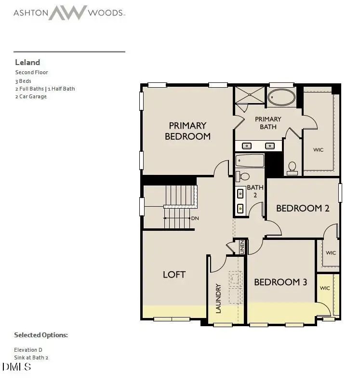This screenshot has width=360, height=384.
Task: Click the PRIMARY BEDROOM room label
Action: (x=187, y=131)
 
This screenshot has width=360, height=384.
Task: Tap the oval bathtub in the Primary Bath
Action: (x=282, y=97)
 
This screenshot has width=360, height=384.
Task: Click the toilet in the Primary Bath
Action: (x=292, y=167)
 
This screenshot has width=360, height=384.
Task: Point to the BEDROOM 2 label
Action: (x=302, y=208)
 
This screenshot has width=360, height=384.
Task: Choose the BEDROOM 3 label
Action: (x=280, y=282)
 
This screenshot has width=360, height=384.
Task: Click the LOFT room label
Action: (x=174, y=274)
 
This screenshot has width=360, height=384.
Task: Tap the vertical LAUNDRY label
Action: (x=218, y=298)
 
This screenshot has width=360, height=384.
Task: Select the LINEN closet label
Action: (x=242, y=247)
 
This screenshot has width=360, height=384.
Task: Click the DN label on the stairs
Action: (x=195, y=218)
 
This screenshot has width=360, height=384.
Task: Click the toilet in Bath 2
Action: (x=244, y=176)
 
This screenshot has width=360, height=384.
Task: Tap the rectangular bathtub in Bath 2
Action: (x=250, y=160)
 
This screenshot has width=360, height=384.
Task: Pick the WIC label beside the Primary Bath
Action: (x=318, y=150)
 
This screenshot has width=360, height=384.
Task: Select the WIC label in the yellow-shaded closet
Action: (x=325, y=288)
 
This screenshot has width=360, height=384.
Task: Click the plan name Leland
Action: (x=27, y=62)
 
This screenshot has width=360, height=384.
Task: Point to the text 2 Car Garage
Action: (x=31, y=96)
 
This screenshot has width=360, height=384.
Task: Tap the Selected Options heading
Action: (x=41, y=335)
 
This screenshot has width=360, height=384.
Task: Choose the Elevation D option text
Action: (x=31, y=349)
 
